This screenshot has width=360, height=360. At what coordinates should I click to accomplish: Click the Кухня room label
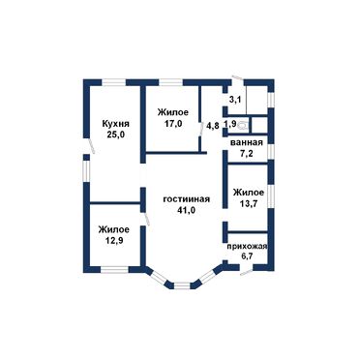coord(116,124)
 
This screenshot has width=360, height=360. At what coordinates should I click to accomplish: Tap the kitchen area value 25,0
coord(116,135)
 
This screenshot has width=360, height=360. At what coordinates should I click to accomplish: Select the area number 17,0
coord(173,123)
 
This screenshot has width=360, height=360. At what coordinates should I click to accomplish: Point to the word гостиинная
coord(187,199)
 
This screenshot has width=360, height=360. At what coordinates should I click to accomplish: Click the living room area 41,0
coord(187,210)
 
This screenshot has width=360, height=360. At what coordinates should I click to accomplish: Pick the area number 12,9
coord(114,240)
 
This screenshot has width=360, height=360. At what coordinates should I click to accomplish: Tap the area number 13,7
coord(249,203)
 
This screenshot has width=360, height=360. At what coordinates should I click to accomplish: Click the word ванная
coord(247,142)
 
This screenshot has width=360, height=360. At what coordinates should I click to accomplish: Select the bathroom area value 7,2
coord(247,153)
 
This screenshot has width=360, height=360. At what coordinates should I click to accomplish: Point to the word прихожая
coord(247,247)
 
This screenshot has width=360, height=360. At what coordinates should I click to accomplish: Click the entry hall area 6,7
coord(247,257)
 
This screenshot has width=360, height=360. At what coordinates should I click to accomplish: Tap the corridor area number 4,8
coord(213,126)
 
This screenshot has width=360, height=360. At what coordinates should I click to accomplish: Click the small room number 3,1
coord(235,100)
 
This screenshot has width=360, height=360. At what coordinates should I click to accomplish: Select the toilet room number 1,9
coord(230,124)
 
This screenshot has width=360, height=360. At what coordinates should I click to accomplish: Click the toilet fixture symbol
coord(244,125)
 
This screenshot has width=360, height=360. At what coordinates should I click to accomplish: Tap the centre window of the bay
coord(182,285)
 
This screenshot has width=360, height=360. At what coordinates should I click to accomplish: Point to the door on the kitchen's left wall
coord(91,146)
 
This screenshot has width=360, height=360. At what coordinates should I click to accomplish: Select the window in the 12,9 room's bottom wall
coord(114,269)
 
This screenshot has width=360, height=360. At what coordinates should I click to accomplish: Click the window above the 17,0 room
coord(171,82)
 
